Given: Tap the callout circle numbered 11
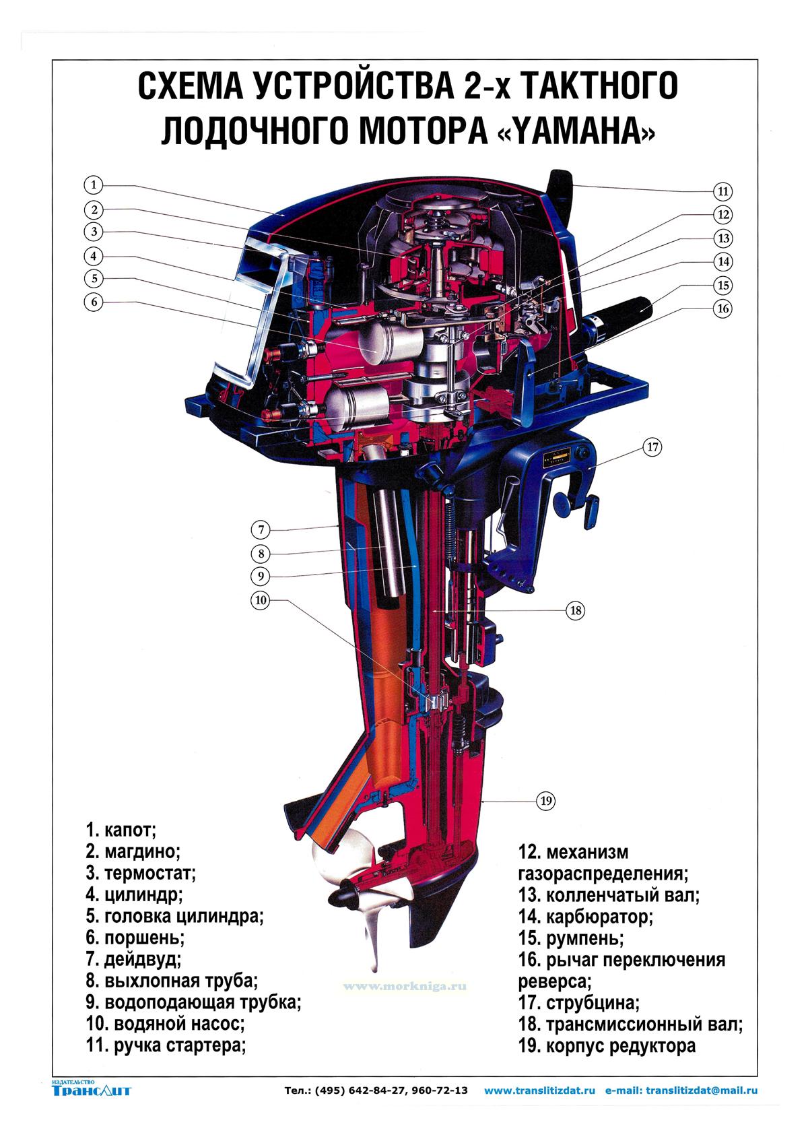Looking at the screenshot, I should tap(723, 191).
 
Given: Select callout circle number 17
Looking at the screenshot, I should tap(652, 447).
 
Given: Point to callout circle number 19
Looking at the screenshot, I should tap(545, 800).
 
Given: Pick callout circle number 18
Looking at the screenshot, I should tap(575, 611).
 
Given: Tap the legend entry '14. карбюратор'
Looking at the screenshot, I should tap(585, 916).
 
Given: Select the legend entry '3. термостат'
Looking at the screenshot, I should tap(140, 874).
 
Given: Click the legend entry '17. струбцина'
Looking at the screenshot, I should tap(578, 1002).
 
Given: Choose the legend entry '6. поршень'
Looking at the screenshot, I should tap(135, 937).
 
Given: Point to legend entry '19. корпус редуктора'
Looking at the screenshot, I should tap(607, 1046).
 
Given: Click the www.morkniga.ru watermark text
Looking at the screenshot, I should tap(404, 985).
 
